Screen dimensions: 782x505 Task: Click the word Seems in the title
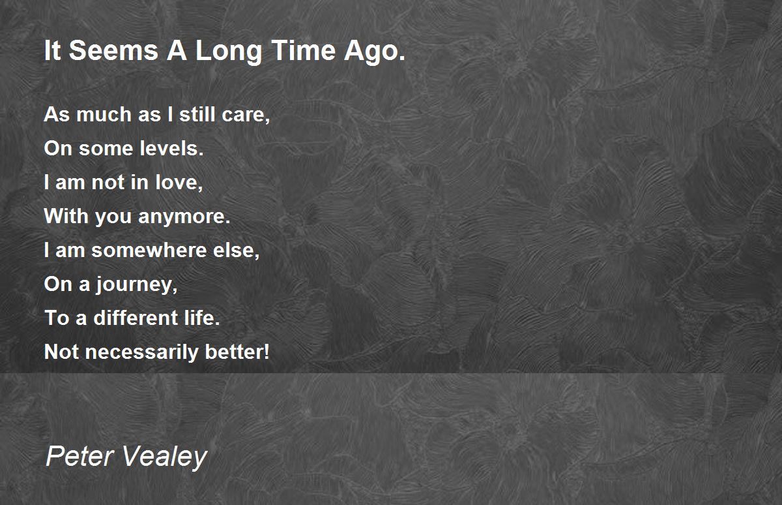pos(113,50)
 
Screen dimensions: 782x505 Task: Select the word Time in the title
pos(303,50)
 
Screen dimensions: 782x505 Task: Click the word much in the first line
pos(104,114)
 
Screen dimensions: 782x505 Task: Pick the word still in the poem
pos(197,114)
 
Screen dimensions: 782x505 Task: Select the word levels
pos(171,148)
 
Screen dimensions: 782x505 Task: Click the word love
pos(179,183)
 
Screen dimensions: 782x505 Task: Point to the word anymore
pos(184,217)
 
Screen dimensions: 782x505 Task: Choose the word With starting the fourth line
pos(66,216)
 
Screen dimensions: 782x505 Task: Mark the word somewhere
pos(149,251)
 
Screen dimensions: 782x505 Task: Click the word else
pos(237,251)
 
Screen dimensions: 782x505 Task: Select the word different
pos(136,318)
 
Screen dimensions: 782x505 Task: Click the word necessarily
pos(142,352)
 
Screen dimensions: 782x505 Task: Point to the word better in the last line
pos(237,352)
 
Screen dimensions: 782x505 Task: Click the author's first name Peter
pos(80,457)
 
